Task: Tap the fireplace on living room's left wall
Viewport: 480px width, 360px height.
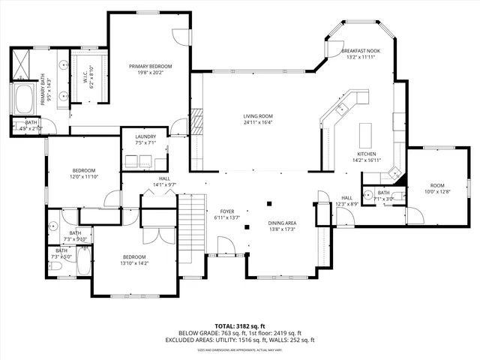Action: (198, 121)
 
